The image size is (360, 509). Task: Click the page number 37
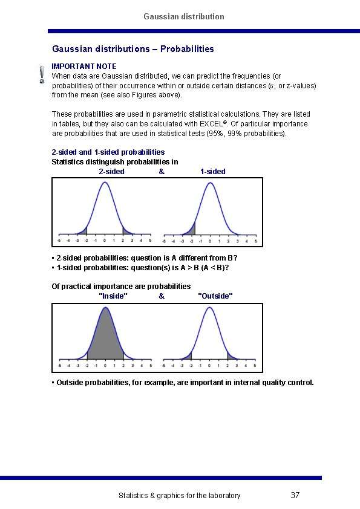(x=295, y=496)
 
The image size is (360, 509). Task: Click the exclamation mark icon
(x=41, y=74)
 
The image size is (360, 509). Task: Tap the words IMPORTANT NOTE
(x=84, y=66)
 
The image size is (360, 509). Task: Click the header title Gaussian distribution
(x=184, y=16)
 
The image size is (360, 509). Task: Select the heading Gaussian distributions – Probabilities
(x=133, y=48)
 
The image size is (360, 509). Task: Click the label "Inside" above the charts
(x=113, y=296)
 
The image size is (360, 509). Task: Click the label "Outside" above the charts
(x=215, y=296)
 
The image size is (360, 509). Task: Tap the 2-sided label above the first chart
(x=111, y=171)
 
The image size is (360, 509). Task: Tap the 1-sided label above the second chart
(x=212, y=171)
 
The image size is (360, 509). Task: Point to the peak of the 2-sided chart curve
(x=105, y=183)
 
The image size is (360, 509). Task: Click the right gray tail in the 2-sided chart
(x=125, y=231)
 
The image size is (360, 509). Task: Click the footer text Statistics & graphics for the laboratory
(x=179, y=496)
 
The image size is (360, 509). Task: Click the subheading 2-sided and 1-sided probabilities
(x=108, y=152)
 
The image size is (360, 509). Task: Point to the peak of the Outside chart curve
(x=209, y=308)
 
